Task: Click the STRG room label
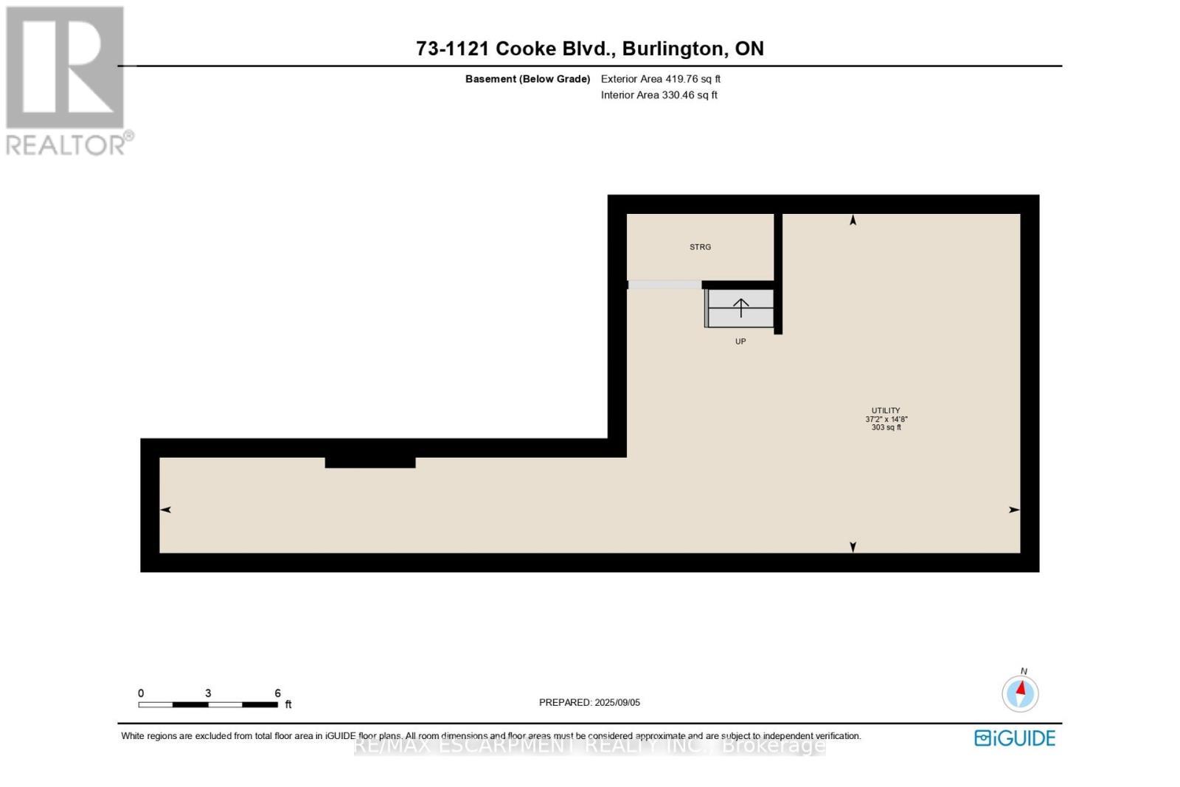click(700, 247)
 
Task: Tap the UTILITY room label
click(886, 410)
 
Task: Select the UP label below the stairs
click(740, 342)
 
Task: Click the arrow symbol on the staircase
click(741, 308)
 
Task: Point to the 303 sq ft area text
click(886, 427)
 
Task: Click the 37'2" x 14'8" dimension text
click(886, 419)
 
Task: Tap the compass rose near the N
click(1021, 694)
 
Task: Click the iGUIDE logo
click(1015, 738)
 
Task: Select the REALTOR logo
click(69, 81)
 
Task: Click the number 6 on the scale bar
click(277, 693)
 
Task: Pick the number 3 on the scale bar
click(208, 693)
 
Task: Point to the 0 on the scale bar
click(141, 693)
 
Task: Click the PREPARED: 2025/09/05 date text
click(589, 702)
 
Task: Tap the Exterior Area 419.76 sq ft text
click(661, 79)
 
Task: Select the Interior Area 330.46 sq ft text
click(659, 95)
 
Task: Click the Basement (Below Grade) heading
click(527, 79)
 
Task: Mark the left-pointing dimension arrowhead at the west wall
click(165, 510)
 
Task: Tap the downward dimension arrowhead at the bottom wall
click(853, 547)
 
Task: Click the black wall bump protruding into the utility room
click(369, 462)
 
